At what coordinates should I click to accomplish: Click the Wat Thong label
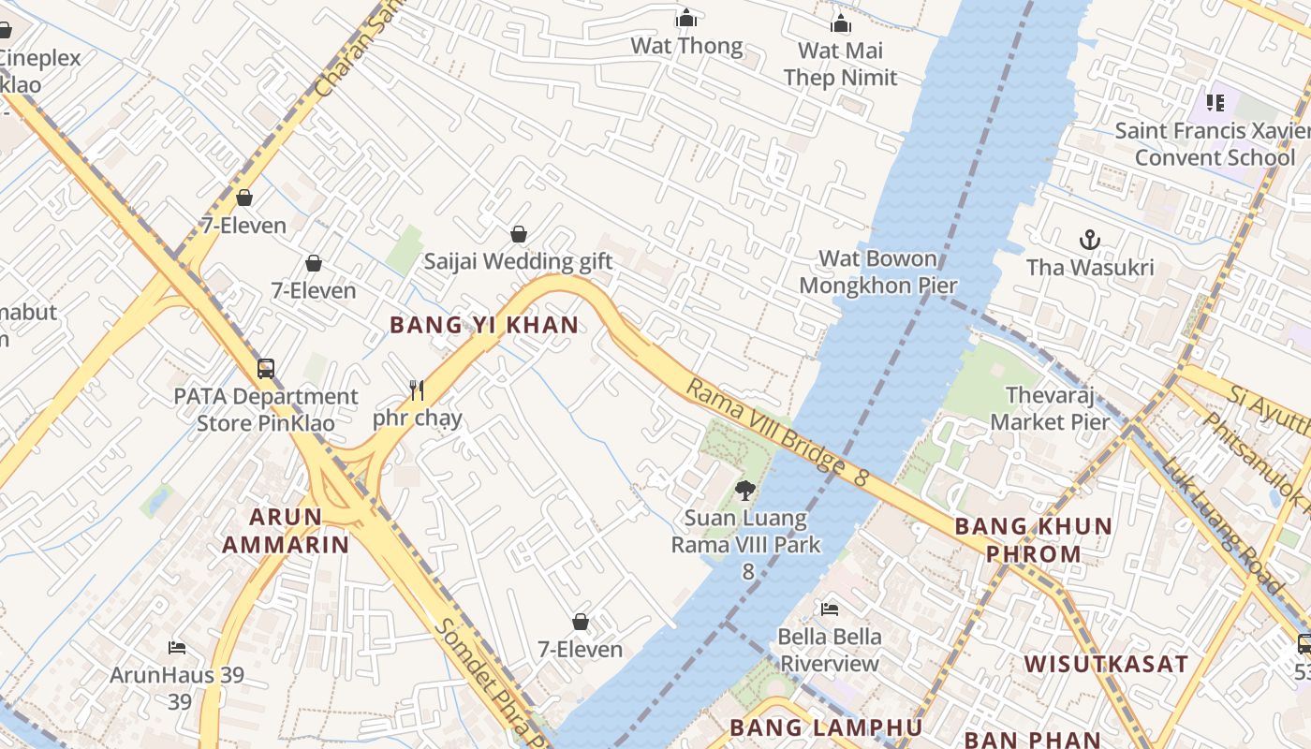pyautogui.click(x=686, y=46)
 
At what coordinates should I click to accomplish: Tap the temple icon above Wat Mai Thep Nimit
pyautogui.click(x=841, y=23)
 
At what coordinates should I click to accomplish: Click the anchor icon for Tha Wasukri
pyautogui.click(x=1089, y=240)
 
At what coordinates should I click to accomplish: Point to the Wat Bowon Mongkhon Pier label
pyautogui.click(x=877, y=272)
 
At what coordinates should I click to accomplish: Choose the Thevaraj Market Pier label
pyautogui.click(x=1050, y=408)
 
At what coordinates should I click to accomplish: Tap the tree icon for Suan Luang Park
pyautogui.click(x=745, y=489)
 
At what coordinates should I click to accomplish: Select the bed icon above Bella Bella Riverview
pyautogui.click(x=830, y=609)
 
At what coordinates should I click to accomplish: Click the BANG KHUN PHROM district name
pyautogui.click(x=1033, y=539)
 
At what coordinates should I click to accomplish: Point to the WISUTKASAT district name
pyautogui.click(x=1106, y=665)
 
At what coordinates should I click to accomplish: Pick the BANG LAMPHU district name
pyautogui.click(x=826, y=727)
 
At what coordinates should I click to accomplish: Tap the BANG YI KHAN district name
pyautogui.click(x=484, y=325)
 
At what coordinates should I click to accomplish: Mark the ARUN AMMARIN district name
pyautogui.click(x=286, y=530)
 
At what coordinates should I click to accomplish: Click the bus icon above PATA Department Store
pyautogui.click(x=266, y=368)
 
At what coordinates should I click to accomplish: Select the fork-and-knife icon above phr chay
pyautogui.click(x=417, y=389)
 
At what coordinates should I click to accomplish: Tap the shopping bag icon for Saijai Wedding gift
pyautogui.click(x=518, y=234)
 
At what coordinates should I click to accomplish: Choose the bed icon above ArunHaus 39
pyautogui.click(x=177, y=647)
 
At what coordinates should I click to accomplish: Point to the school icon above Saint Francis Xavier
pyautogui.click(x=1215, y=102)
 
